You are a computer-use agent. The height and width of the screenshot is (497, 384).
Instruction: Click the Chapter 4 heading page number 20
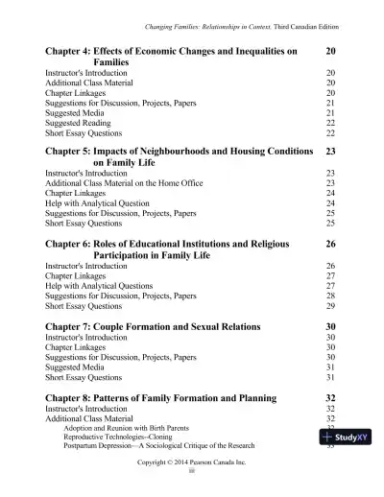pos(330,49)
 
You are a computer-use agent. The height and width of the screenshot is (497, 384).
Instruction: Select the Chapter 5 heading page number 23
pos(330,152)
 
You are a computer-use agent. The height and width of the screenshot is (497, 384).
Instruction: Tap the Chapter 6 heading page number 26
pos(330,244)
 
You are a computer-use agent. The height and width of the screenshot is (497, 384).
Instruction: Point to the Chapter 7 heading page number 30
pos(330,326)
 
